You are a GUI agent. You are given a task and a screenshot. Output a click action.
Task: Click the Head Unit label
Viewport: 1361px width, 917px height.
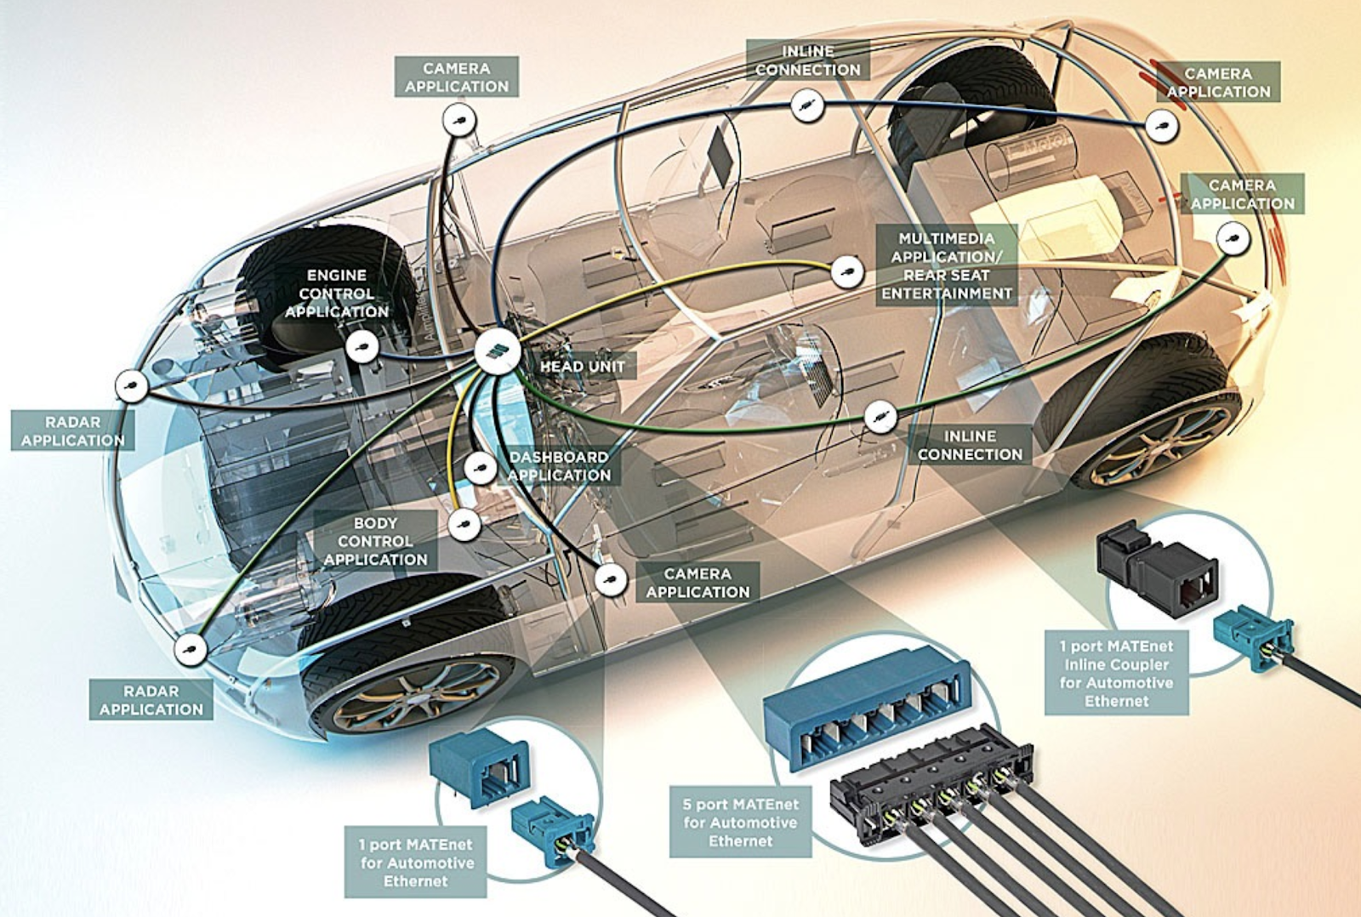coord(583,367)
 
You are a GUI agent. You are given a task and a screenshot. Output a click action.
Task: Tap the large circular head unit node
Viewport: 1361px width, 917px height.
coord(498,352)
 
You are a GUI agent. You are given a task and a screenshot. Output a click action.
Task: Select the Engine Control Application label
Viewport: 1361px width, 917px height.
coord(336,293)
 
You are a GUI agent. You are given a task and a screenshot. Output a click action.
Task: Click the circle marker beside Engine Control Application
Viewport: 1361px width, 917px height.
coord(362,348)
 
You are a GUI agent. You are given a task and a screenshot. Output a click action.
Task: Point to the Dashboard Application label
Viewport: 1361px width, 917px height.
coord(559,466)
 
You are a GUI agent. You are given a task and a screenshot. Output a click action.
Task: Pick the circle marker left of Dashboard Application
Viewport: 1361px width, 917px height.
coord(481,469)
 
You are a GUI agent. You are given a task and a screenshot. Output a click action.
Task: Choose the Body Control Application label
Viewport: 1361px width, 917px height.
coord(375,541)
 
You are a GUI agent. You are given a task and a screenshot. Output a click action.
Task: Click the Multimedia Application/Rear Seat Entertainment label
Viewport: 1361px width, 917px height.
coord(947,265)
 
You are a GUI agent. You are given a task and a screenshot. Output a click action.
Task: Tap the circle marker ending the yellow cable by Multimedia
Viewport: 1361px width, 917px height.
coord(847,271)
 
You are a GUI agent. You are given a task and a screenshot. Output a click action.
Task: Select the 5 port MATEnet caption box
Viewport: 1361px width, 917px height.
coord(741,823)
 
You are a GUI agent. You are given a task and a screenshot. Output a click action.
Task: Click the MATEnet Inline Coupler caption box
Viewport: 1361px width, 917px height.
coord(1116,673)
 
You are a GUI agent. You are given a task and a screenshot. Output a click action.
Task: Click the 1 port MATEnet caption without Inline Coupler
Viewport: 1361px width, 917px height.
coord(416,862)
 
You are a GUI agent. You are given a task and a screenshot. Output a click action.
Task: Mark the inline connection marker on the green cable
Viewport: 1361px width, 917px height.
coord(880,417)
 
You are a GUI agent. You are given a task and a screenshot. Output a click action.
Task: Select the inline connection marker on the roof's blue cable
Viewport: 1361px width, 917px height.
coord(807,106)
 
